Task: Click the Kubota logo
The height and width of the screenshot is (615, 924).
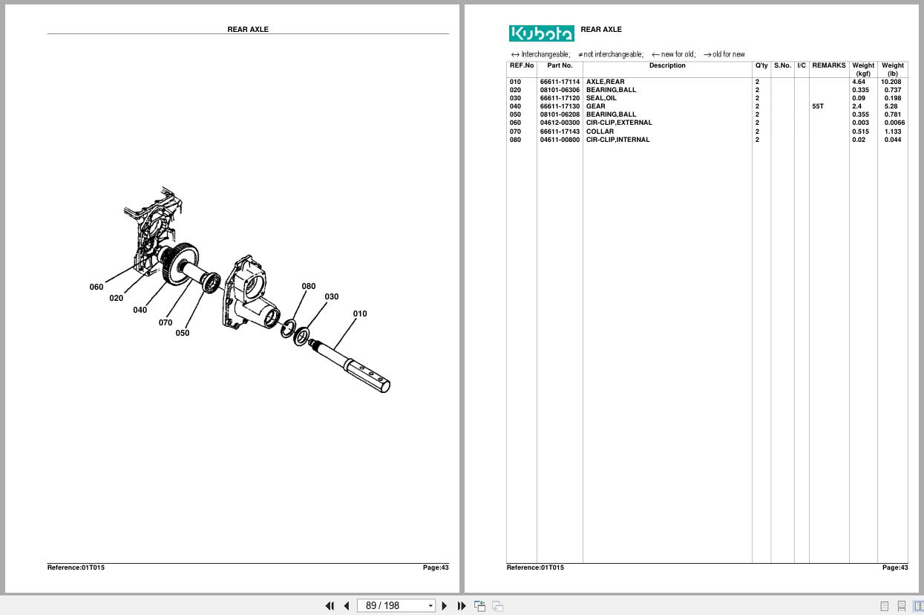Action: (541, 33)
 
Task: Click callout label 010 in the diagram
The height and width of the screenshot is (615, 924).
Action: (359, 313)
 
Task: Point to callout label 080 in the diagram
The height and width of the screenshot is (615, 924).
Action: (308, 286)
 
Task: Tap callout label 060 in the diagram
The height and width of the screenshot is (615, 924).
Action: (96, 287)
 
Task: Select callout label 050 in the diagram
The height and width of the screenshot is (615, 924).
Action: (182, 333)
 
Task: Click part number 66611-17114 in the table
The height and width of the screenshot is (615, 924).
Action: (560, 82)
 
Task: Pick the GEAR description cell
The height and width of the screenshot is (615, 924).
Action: (595, 106)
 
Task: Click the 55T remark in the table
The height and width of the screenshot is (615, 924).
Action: (817, 106)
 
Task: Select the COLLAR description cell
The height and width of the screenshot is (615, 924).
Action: (600, 131)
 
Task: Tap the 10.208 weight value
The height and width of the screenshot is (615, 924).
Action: (891, 82)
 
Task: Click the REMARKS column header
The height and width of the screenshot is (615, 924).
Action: (828, 65)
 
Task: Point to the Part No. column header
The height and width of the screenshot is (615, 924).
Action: (560, 65)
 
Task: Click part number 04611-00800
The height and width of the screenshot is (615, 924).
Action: (560, 140)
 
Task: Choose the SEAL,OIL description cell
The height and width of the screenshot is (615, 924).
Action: (601, 98)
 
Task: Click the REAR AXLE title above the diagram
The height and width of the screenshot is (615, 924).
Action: (248, 30)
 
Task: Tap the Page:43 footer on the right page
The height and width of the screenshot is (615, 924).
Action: (894, 567)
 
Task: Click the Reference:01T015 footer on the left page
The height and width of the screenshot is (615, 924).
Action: (76, 567)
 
